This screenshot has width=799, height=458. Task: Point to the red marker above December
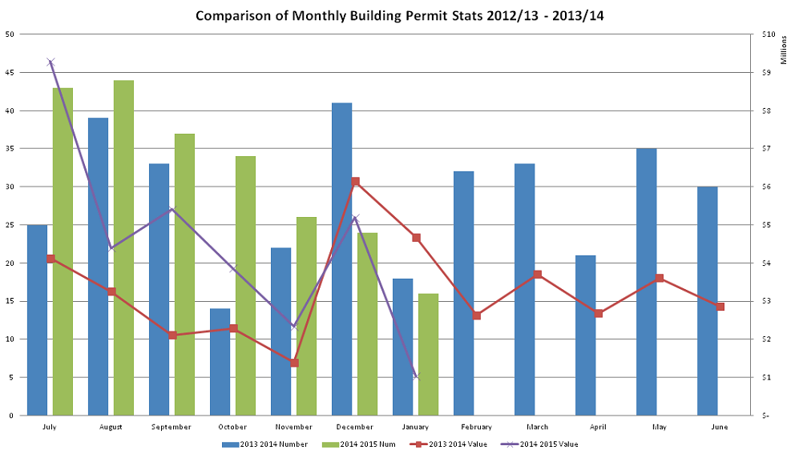pyautogui.click(x=355, y=182)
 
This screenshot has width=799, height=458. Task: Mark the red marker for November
pyautogui.click(x=294, y=363)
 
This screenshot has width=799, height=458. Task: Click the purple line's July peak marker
pyautogui.click(x=50, y=62)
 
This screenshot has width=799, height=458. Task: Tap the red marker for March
pyautogui.click(x=538, y=275)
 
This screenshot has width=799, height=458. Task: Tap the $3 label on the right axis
pyautogui.click(x=765, y=301)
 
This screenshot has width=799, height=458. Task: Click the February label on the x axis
pyautogui.click(x=476, y=427)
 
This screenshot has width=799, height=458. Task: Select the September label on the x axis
pyautogui.click(x=172, y=427)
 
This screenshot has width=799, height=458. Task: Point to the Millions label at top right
pyautogui.click(x=784, y=50)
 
